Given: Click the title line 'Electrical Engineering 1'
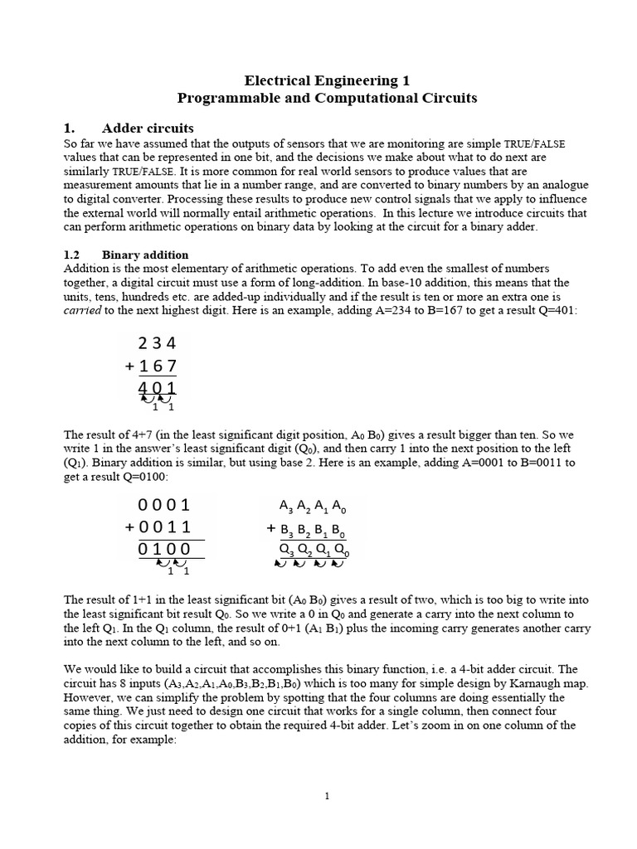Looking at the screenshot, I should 327,80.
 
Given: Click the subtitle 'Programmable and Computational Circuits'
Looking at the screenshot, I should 327,98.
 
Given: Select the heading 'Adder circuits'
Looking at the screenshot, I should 148,129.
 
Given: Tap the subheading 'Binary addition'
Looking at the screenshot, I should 145,255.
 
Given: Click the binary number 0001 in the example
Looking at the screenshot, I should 164,505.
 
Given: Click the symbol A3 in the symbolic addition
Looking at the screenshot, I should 287,507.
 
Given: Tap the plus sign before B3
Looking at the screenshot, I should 270,528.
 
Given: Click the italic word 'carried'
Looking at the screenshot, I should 82,308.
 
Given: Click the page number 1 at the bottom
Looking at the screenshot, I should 327,797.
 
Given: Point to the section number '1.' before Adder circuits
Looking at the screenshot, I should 70,129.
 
